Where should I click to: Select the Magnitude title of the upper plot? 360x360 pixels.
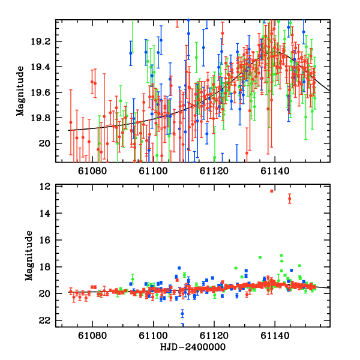point(20,91)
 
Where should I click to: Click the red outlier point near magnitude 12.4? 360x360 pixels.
point(272,191)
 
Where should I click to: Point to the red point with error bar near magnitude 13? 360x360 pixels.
point(290,199)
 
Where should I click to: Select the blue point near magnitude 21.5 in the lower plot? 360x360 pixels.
point(182,313)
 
